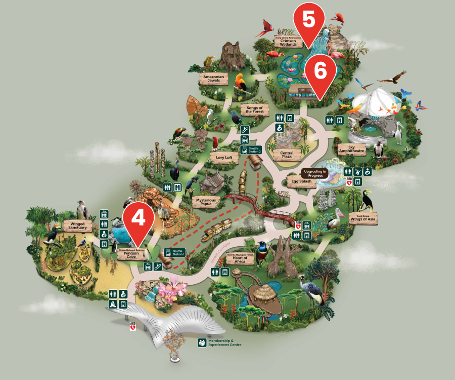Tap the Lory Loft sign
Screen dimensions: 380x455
click(x=224, y=158)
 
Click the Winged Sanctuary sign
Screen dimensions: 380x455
click(x=77, y=225)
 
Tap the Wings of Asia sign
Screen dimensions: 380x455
click(x=362, y=218)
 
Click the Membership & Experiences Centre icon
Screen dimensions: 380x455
click(x=202, y=343)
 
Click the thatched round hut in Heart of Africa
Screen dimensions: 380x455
click(x=263, y=292)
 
